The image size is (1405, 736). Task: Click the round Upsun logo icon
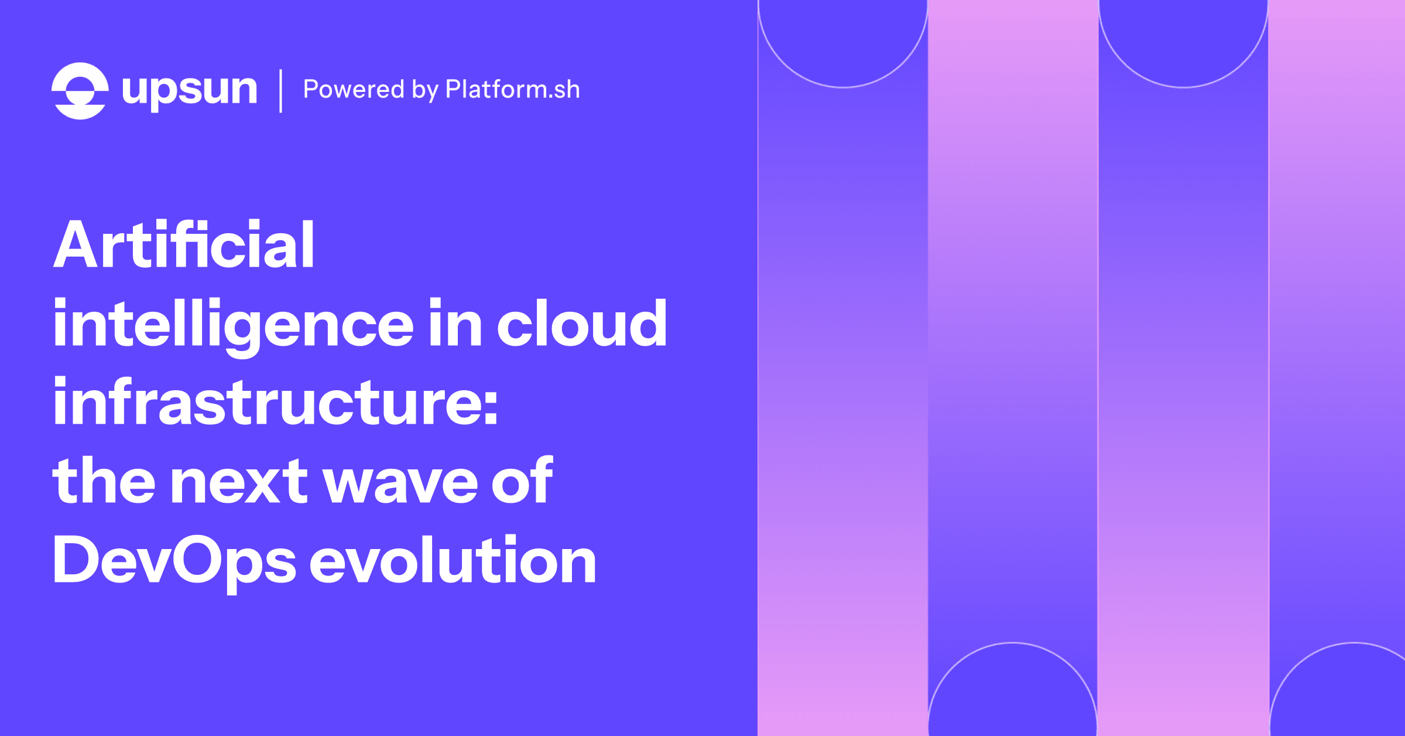click(80, 91)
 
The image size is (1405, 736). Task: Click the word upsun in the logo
click(189, 91)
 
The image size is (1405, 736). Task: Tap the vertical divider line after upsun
click(281, 91)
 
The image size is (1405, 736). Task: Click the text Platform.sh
click(512, 90)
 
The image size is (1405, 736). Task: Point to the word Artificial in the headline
click(184, 245)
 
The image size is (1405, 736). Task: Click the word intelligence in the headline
click(233, 324)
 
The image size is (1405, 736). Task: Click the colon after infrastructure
click(491, 404)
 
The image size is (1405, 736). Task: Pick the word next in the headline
click(238, 482)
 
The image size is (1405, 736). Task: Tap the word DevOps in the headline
click(174, 561)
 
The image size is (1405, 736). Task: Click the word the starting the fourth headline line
click(104, 482)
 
